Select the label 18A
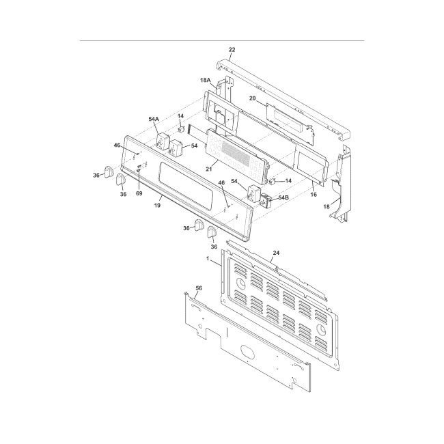tap(205, 80)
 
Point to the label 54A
tap(154, 119)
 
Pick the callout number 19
tap(158, 204)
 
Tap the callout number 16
tap(314, 195)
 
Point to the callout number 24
tap(277, 253)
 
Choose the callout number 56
tap(199, 289)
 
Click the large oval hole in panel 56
tap(247, 357)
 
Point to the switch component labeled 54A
tap(164, 142)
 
